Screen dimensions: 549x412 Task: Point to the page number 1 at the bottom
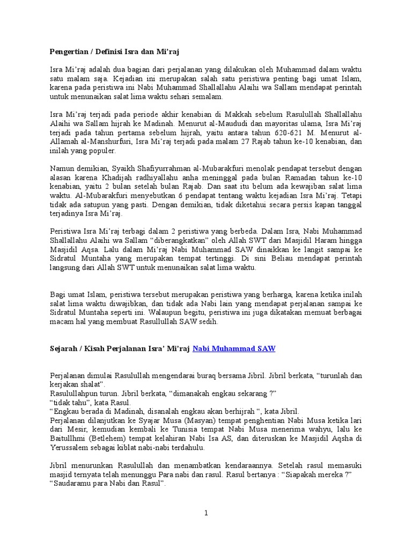206,513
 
